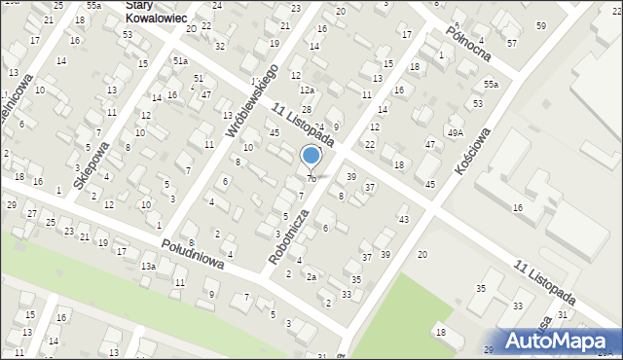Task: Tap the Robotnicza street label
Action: point(291,237)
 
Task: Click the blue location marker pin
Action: point(311,156)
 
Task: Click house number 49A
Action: point(455,131)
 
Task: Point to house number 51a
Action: point(180,60)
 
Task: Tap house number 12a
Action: point(307,90)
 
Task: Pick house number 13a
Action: point(148,266)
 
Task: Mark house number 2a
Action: point(311,277)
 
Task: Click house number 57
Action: point(512,43)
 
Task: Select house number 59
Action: point(541,25)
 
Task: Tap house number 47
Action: point(430,144)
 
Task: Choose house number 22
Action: point(370,144)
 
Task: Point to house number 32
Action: point(220,46)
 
